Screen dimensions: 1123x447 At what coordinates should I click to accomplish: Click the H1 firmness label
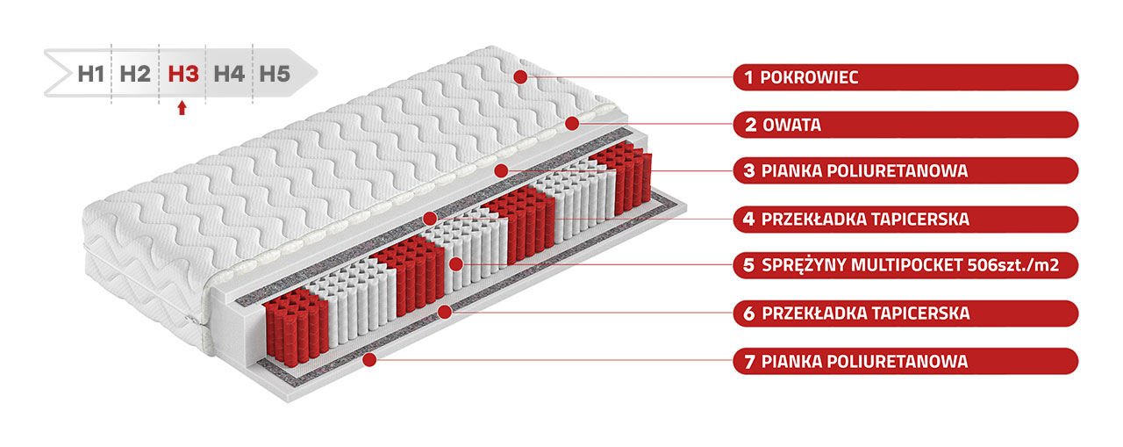click(90, 75)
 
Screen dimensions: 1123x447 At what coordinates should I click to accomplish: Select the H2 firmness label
click(135, 75)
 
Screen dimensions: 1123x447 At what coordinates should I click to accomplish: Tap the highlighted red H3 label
click(183, 75)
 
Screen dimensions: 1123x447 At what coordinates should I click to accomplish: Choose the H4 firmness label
click(229, 75)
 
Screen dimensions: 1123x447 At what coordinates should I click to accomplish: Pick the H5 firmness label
click(275, 75)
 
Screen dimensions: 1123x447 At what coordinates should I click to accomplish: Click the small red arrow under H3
click(182, 108)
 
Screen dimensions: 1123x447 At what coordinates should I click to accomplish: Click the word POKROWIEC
click(809, 77)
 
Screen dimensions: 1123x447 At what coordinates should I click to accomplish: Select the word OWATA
click(792, 125)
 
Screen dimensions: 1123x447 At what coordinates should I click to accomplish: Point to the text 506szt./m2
click(1013, 265)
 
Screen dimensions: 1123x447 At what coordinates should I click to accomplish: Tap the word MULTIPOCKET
click(906, 265)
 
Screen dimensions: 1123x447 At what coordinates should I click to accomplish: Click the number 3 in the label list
click(749, 171)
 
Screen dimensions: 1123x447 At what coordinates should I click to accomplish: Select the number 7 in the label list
click(749, 362)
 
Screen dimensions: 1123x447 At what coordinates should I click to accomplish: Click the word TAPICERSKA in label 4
click(920, 220)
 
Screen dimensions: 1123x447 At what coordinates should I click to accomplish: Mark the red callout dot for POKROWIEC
click(520, 76)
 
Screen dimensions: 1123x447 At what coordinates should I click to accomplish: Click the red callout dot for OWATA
click(572, 124)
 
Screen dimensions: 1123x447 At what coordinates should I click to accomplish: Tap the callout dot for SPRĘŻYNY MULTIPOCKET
click(455, 264)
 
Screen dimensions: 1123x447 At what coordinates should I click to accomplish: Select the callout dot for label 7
click(369, 360)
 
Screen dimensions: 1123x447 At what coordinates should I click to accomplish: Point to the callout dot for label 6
click(445, 312)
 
